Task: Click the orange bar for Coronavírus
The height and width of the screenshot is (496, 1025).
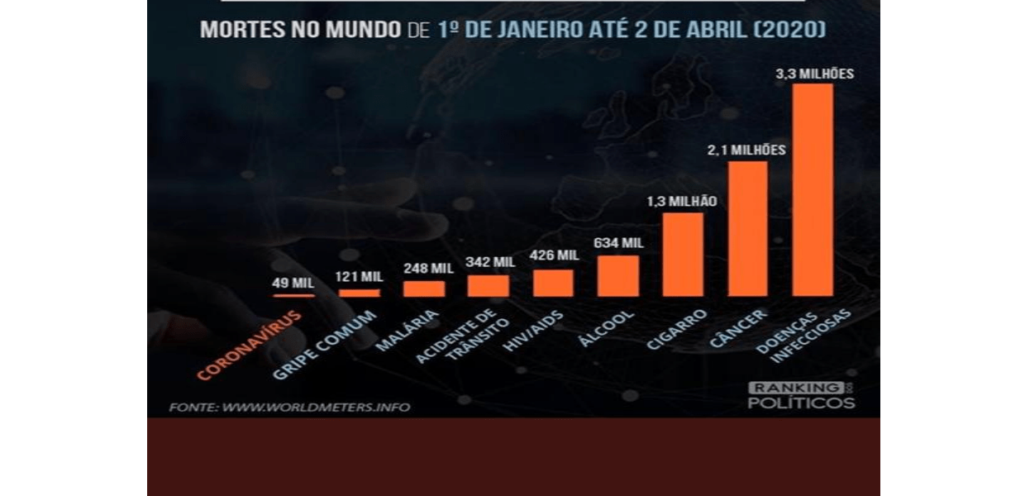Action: (293, 294)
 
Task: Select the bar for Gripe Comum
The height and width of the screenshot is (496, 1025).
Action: (360, 293)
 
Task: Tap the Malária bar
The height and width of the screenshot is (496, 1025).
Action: (424, 289)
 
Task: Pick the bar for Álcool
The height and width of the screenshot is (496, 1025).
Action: (618, 276)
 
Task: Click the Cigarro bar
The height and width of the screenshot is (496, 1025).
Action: (683, 255)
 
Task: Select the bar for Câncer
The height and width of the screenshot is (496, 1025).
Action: (748, 229)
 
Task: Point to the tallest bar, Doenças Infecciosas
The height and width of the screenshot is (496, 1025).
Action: (813, 190)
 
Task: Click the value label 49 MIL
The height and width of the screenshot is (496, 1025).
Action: (293, 283)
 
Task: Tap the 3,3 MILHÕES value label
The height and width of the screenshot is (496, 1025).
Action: (814, 74)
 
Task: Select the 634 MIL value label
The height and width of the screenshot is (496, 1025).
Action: (618, 243)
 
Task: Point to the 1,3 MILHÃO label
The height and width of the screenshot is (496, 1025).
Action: (683, 201)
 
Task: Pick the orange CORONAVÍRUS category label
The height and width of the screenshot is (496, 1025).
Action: (250, 346)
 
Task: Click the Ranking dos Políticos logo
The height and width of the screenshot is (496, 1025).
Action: (800, 395)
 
